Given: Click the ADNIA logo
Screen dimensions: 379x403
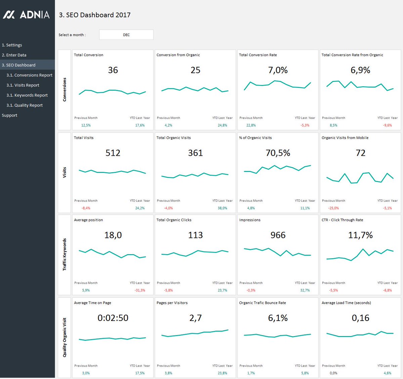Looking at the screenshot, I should point(26,15).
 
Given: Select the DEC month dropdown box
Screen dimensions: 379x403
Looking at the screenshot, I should point(126,35).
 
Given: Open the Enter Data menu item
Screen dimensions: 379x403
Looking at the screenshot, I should point(14,55).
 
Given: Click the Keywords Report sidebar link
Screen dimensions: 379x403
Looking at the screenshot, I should point(27,95).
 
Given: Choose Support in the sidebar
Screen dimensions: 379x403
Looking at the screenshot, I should point(9,115).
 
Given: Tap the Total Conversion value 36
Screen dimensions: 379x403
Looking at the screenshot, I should point(113,70).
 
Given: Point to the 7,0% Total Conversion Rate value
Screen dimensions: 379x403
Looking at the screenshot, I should point(278,70).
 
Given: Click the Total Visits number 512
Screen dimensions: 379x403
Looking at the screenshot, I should point(113,153).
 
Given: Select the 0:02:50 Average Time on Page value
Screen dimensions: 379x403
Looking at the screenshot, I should point(113,318).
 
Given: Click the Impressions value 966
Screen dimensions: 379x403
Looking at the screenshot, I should point(278,235).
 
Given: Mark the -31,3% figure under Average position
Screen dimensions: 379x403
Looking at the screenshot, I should point(140,290).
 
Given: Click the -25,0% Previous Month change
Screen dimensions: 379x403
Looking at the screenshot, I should point(333,208).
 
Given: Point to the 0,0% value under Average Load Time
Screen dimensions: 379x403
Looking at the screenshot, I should point(333,373).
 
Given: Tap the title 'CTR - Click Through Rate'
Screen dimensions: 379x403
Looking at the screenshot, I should point(342,220).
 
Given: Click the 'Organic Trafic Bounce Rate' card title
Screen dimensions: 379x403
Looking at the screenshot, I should point(262,303).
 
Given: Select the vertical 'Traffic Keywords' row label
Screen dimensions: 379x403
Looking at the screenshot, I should point(64,254).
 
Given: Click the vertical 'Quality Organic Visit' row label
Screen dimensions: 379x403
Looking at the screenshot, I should point(64,337).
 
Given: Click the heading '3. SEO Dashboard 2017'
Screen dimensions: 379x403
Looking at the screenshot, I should point(95,15).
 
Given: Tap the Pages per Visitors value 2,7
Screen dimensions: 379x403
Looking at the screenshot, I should point(195,318).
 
